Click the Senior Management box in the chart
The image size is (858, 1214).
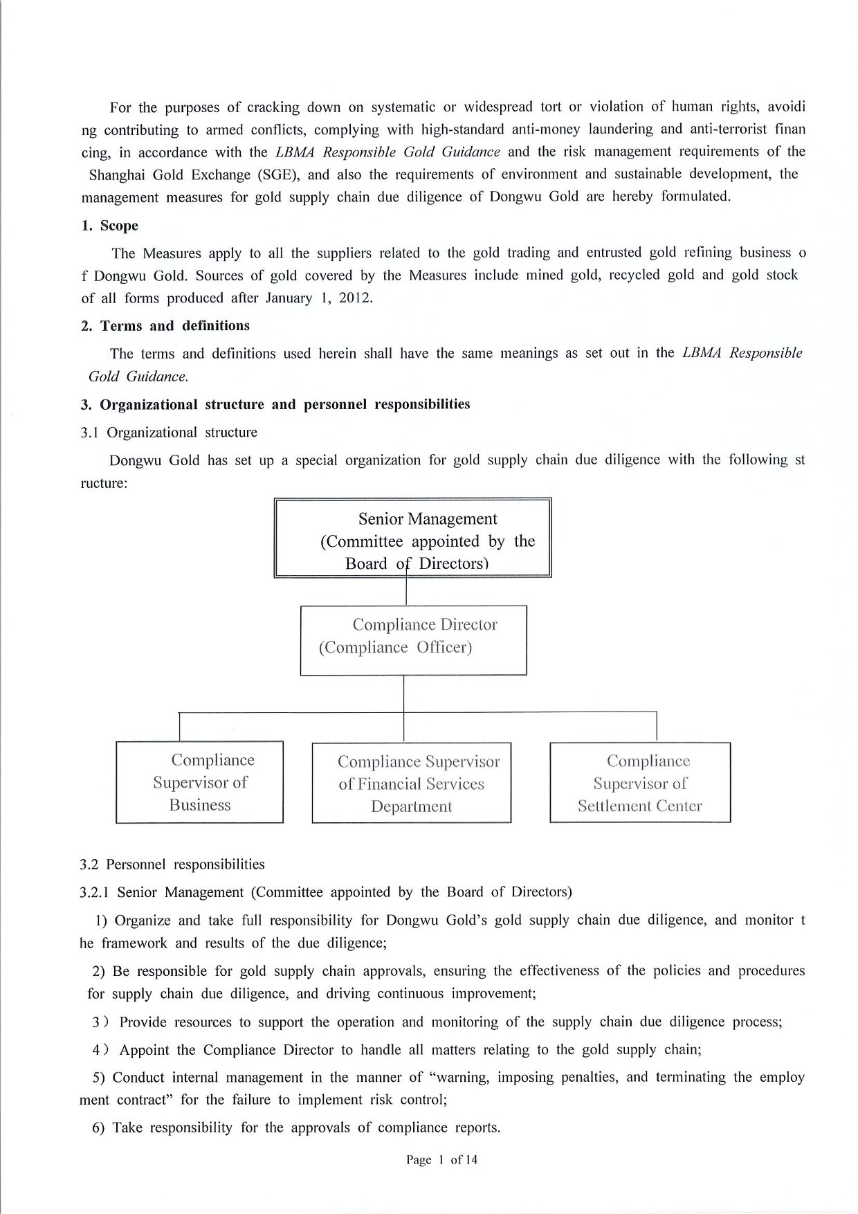pos(412,538)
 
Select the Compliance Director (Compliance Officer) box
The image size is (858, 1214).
pos(413,640)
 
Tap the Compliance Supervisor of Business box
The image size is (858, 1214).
pos(199,782)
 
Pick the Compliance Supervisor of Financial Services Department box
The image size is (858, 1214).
pos(412,783)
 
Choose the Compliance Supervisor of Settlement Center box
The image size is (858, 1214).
pos(640,783)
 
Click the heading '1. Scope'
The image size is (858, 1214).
pos(110,226)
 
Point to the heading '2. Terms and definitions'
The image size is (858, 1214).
pos(165,325)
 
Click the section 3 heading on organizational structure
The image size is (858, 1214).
pos(275,404)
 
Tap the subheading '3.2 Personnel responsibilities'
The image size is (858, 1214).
pos(172,864)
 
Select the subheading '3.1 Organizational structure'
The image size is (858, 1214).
pos(169,433)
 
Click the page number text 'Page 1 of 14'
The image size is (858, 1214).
pos(442,1159)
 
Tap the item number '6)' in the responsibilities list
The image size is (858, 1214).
pos(98,1127)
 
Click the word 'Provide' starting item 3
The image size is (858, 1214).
pos(143,1022)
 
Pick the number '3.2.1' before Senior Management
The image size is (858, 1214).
pos(95,892)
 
